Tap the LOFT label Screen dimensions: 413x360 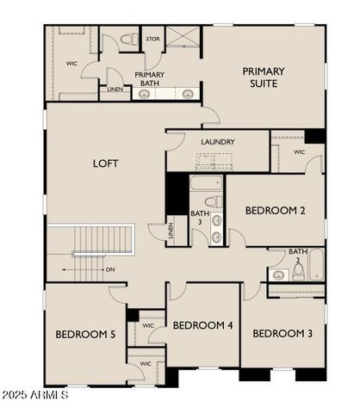pyautogui.click(x=105, y=163)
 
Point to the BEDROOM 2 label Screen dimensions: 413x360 pyautogui.click(x=275, y=210)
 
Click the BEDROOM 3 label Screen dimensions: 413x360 pyautogui.click(x=282, y=333)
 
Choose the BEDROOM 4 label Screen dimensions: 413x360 pyautogui.click(x=202, y=325)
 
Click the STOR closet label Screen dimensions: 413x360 pyautogui.click(x=152, y=39)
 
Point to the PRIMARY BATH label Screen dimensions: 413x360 pyautogui.click(x=150, y=79)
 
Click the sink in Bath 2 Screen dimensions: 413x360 pyautogui.click(x=279, y=275)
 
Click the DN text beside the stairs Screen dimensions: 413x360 pyautogui.click(x=110, y=269)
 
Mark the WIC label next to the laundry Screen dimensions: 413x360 pyautogui.click(x=299, y=152)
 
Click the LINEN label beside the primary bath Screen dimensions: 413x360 pyautogui.click(x=115, y=89)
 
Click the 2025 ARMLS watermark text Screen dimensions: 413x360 pyautogui.click(x=35, y=396)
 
